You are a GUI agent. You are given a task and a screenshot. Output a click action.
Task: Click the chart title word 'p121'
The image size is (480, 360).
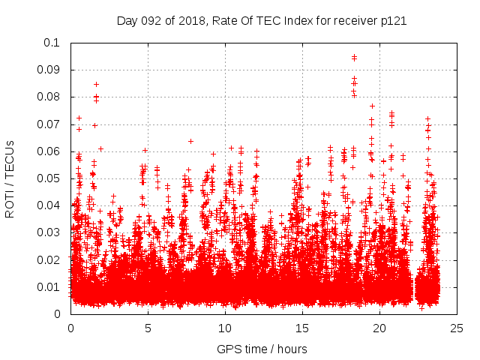(x=393, y=21)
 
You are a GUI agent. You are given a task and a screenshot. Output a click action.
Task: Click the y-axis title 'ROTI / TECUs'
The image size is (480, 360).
(x=10, y=178)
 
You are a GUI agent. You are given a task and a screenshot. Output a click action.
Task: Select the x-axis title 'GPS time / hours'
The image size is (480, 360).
(x=262, y=349)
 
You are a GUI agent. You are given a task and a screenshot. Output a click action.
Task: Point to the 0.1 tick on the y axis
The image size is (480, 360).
(x=52, y=43)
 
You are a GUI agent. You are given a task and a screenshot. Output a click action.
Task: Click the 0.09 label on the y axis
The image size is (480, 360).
(x=49, y=70)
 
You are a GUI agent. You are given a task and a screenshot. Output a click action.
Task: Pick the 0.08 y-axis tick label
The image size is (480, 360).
(x=49, y=97)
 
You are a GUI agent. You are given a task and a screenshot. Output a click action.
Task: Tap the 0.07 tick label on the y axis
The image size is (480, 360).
(x=49, y=124)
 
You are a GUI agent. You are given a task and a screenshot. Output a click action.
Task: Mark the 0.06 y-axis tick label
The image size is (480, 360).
(x=49, y=151)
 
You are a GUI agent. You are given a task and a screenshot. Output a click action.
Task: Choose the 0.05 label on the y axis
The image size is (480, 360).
(x=49, y=178)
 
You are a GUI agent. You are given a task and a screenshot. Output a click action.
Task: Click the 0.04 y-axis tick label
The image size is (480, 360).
(x=49, y=205)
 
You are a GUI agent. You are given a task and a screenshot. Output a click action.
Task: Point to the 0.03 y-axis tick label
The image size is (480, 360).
(x=49, y=232)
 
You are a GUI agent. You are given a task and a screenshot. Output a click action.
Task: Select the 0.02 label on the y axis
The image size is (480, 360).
(x=49, y=259)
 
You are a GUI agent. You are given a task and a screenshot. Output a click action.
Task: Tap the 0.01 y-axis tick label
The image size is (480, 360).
(x=49, y=286)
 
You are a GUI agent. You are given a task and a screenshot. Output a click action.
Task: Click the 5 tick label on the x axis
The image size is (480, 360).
(x=148, y=328)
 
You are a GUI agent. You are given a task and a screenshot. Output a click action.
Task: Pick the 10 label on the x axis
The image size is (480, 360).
(x=225, y=328)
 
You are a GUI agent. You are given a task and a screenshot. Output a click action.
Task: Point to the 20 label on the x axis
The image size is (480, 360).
(x=379, y=328)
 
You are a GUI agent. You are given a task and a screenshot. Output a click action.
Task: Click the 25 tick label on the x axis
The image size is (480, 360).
(x=457, y=328)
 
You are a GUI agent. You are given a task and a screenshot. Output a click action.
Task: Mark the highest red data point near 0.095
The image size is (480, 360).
(x=354, y=57)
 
